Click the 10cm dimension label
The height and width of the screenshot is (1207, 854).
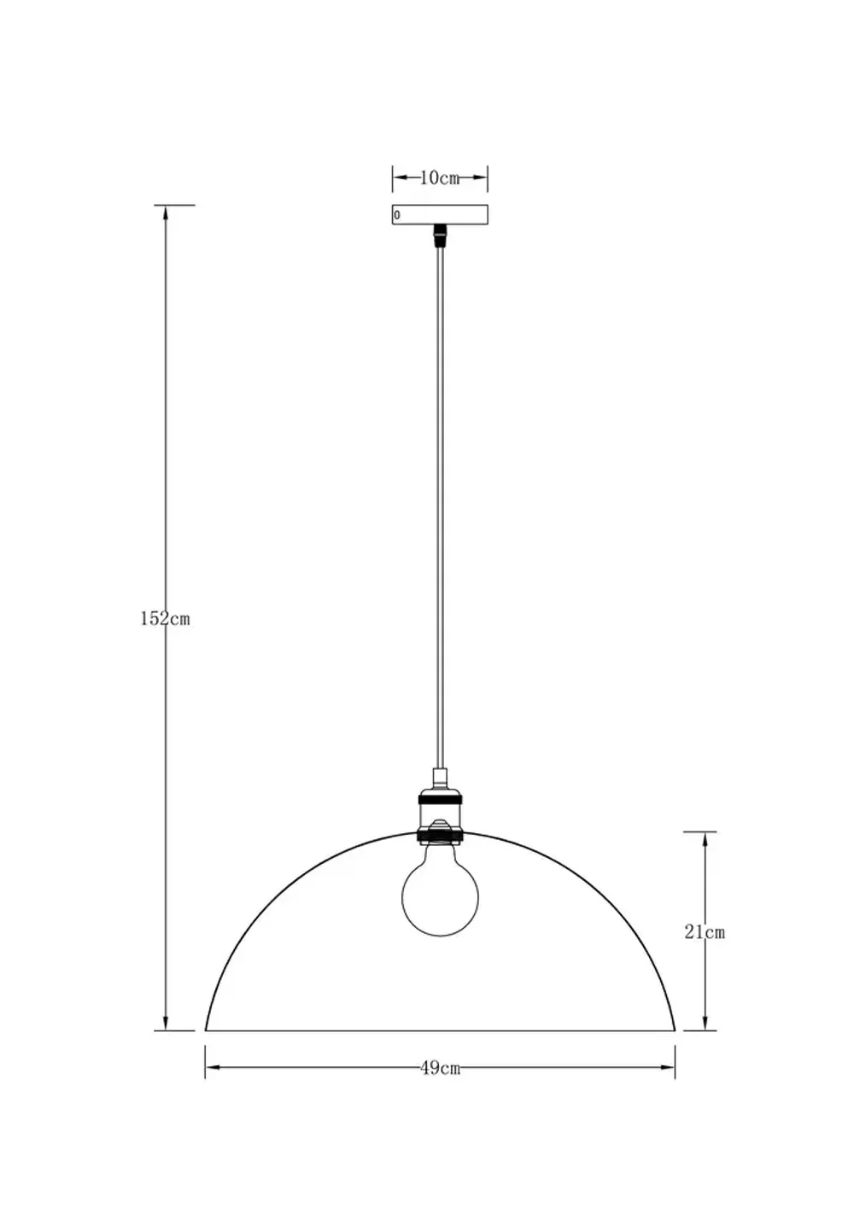tap(440, 178)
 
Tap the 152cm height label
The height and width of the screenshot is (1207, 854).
tap(165, 619)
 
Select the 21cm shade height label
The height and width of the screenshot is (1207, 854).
tap(704, 932)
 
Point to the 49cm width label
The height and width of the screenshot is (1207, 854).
tap(441, 1067)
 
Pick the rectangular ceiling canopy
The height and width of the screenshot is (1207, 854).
tap(440, 214)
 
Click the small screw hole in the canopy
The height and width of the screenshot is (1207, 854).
tap(397, 215)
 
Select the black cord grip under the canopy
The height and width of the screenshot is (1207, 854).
tap(440, 233)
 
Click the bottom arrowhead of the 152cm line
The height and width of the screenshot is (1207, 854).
tap(165, 1023)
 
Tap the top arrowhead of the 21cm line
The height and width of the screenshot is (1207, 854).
tap(704, 838)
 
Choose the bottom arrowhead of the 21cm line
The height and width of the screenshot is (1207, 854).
tap(704, 1023)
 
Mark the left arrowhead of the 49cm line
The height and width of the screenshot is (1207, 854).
tap(212, 1067)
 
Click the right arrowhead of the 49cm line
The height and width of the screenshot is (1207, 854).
tap(669, 1067)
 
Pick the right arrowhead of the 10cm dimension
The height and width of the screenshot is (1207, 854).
tap(483, 178)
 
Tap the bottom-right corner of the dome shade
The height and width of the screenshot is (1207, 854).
tap(675, 1029)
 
